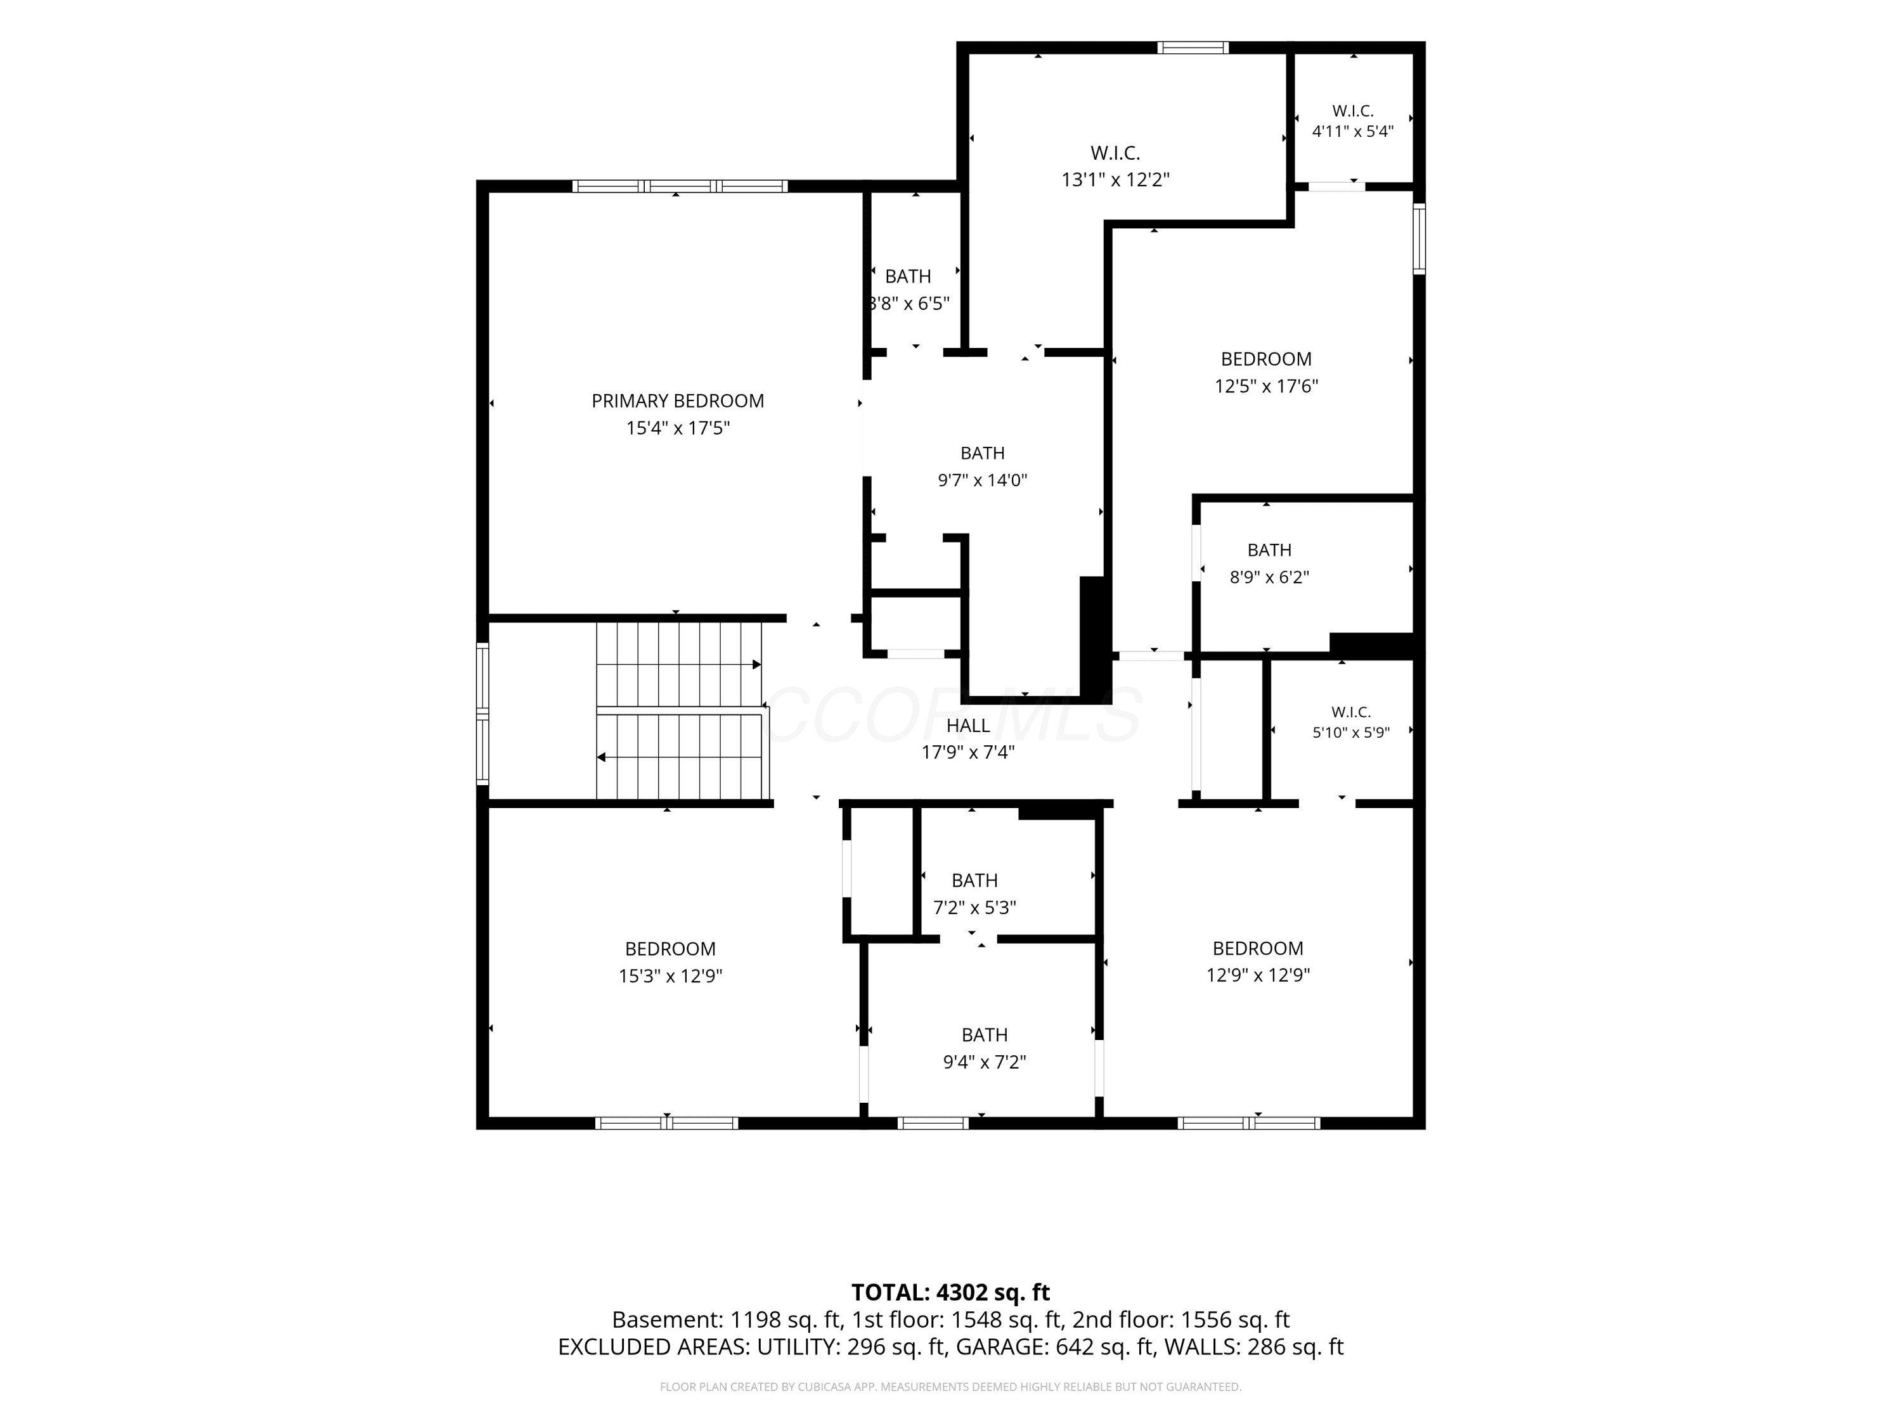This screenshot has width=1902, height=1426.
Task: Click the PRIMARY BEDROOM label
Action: pyautogui.click(x=678, y=401)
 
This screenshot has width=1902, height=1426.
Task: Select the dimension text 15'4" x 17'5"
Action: pyautogui.click(x=678, y=428)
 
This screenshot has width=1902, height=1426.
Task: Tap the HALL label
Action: pyautogui.click(x=968, y=726)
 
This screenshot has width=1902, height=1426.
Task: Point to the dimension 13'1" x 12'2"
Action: pyautogui.click(x=1115, y=179)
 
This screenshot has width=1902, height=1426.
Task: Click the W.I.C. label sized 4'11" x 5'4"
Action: pyautogui.click(x=1352, y=111)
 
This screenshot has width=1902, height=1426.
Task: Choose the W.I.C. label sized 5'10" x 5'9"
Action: pyautogui.click(x=1351, y=712)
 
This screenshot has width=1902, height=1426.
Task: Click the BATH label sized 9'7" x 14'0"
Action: pyautogui.click(x=983, y=453)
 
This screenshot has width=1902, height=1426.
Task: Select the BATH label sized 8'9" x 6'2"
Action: pyautogui.click(x=1269, y=550)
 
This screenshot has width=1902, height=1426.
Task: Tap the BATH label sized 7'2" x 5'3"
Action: pyautogui.click(x=974, y=880)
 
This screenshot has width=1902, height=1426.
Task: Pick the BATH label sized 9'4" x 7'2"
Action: pyautogui.click(x=985, y=1035)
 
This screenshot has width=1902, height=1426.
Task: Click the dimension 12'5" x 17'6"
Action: pyautogui.click(x=1265, y=386)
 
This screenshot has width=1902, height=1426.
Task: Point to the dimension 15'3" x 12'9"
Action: pyautogui.click(x=670, y=975)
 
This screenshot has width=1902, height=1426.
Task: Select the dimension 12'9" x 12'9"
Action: pyautogui.click(x=1258, y=975)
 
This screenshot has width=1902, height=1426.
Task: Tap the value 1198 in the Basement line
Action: pyautogui.click(x=753, y=1320)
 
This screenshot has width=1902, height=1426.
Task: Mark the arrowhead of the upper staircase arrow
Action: pyautogui.click(x=756, y=664)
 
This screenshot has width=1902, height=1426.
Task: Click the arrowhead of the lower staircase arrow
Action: pyautogui.click(x=602, y=757)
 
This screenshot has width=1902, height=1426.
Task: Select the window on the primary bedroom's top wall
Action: pyautogui.click(x=679, y=186)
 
